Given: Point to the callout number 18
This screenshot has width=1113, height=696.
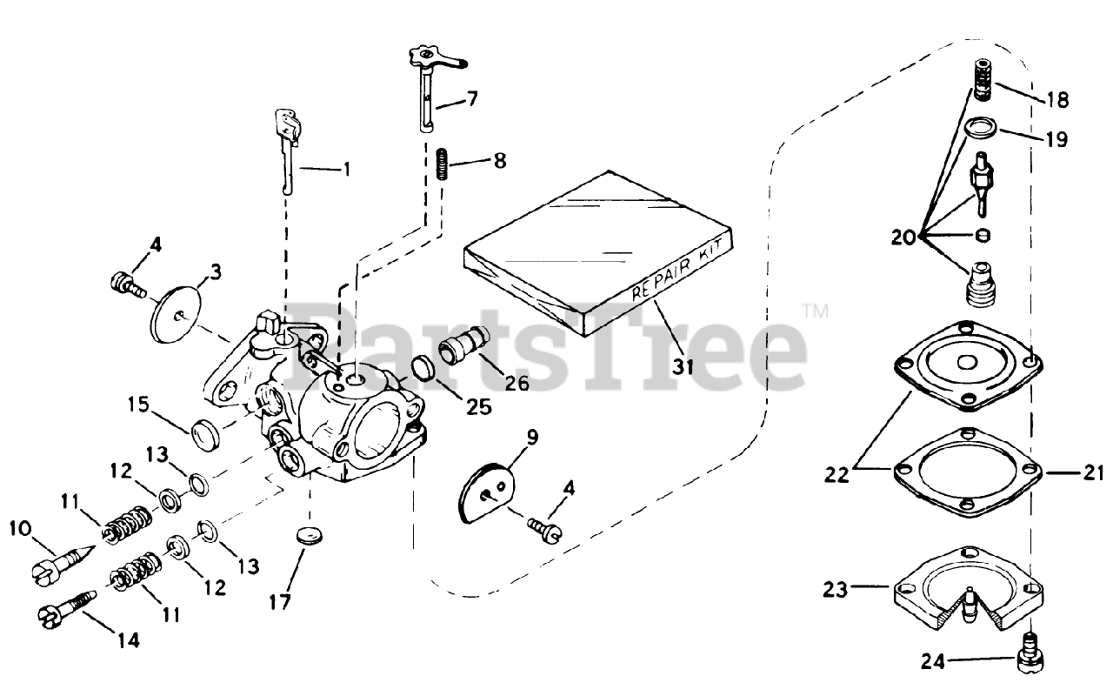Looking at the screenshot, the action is tap(1056, 99).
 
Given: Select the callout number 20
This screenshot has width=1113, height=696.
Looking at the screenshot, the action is tap(903, 236).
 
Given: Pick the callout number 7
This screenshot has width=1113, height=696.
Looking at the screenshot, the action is tap(472, 99).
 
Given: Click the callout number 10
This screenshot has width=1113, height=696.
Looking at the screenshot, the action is tap(21, 530).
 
